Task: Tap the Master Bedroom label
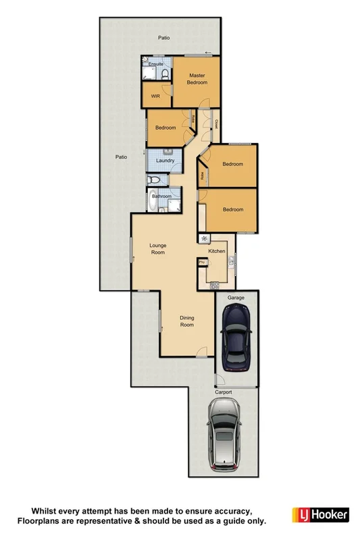197,78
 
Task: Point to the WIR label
155,96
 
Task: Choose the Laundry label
165,161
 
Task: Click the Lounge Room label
157,248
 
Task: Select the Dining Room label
186,321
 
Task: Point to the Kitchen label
216,251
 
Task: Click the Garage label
236,297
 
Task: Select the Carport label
223,392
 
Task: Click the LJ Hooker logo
320,515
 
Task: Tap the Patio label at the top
163,38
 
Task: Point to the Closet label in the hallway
216,124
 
